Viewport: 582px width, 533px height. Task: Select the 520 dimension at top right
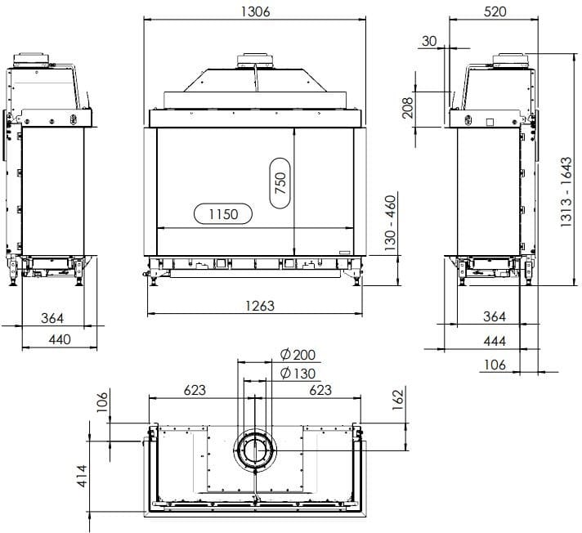tap(495, 11)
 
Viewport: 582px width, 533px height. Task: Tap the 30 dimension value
tap(430, 41)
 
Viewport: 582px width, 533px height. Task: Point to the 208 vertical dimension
tap(408, 106)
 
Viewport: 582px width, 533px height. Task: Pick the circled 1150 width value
tap(222, 214)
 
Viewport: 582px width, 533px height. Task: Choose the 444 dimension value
tap(495, 341)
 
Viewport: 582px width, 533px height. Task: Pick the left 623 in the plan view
tap(194, 391)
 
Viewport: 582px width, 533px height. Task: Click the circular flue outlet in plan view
tap(257, 447)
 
